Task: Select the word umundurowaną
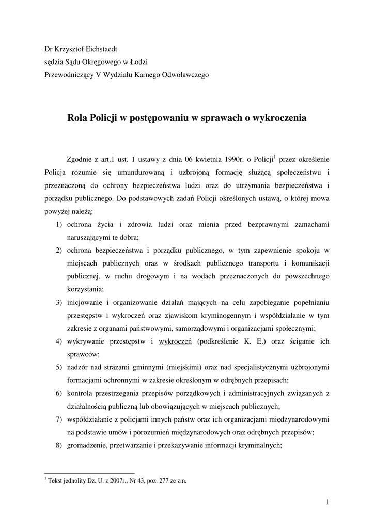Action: [x=136, y=172]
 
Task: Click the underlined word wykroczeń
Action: [x=176, y=341]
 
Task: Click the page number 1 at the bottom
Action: [x=328, y=501]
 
